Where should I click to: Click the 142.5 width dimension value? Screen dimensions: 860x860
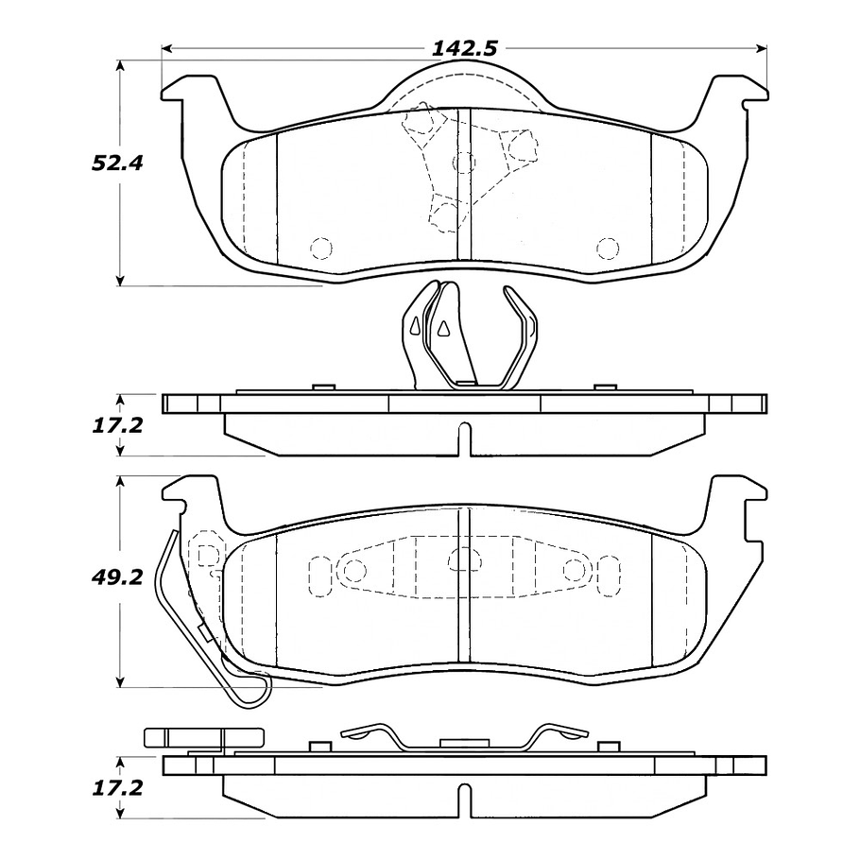pyautogui.click(x=465, y=49)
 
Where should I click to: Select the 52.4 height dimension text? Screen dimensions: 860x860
pyautogui.click(x=117, y=163)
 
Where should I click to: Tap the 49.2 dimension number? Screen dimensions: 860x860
pyautogui.click(x=117, y=576)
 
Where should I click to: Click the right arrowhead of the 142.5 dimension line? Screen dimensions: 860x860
pyautogui.click(x=762, y=49)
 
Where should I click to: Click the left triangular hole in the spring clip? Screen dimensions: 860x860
pyautogui.click(x=415, y=326)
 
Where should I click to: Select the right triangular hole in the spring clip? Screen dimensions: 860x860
pyautogui.click(x=441, y=327)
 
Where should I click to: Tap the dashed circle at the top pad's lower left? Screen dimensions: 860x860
pyautogui.click(x=321, y=249)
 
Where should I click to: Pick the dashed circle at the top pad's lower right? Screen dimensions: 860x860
pyautogui.click(x=608, y=249)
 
